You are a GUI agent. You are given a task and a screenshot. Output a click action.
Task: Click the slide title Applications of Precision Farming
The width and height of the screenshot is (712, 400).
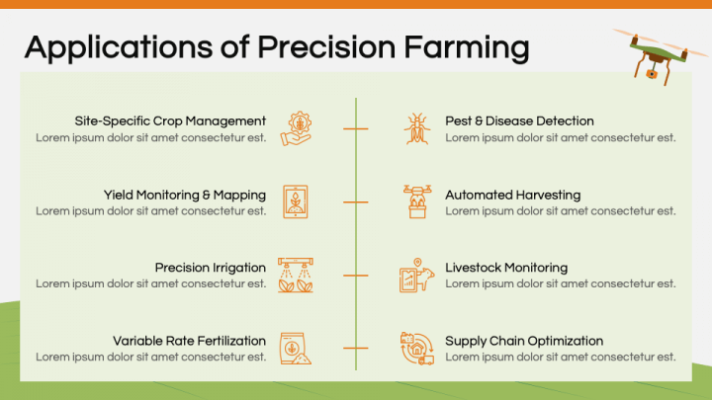[276, 46]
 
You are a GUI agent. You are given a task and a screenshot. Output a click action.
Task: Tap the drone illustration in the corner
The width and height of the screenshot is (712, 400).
[653, 54]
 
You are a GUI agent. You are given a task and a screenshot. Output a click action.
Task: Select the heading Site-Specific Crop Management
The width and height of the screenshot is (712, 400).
[170, 121]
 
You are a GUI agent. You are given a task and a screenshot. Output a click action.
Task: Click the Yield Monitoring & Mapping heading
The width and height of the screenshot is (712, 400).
[185, 195]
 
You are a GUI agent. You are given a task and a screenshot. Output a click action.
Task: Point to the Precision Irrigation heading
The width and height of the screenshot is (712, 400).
[211, 268]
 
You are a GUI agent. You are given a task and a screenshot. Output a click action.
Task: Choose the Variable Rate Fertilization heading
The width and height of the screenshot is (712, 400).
[189, 341]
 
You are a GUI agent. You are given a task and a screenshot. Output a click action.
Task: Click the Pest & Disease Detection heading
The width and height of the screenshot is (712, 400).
[519, 121]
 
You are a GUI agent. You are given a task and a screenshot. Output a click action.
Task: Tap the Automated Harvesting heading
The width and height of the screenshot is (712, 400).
[512, 195]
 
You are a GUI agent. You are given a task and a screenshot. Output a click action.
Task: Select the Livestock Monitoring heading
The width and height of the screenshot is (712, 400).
[506, 268]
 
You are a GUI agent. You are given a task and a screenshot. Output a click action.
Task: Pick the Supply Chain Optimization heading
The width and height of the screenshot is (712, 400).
[524, 341]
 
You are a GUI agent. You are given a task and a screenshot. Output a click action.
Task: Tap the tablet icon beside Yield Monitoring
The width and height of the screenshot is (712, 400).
[296, 201]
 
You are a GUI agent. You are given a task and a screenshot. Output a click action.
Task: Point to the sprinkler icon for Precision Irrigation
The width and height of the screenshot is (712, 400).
[296, 275]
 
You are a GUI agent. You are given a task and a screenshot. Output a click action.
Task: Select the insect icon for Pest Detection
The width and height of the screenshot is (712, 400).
[416, 129]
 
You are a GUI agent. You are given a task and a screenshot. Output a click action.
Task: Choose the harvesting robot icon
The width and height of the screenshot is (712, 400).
[416, 201]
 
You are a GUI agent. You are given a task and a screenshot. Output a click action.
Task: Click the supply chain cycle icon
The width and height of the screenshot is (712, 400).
[416, 348]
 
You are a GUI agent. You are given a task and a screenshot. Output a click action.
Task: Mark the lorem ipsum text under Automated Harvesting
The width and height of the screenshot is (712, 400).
[561, 210]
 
